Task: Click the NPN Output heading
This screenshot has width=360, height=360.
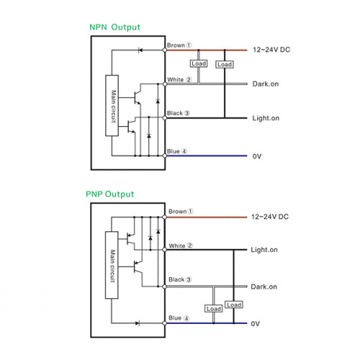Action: pos(114,27)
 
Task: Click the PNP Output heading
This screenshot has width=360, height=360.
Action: pos(110,194)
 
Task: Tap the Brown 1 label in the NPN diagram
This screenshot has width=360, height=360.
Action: pos(179,45)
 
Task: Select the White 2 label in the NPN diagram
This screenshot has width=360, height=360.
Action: pos(179,79)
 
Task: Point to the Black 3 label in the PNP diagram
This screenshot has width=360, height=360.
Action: pos(180,279)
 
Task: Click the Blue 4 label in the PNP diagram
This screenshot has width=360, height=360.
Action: pos(179,318)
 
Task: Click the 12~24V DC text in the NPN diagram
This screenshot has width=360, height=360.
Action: pos(271,50)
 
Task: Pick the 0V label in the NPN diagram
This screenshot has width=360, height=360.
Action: pos(257,156)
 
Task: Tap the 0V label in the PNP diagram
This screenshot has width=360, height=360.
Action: pos(256,324)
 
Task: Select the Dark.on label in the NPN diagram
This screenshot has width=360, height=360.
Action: pos(266,84)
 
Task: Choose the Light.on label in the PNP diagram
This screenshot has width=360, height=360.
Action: pos(264,250)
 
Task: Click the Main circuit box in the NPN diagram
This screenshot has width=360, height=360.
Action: pos(112,106)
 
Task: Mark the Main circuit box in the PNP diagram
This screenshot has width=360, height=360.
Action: pos(112,265)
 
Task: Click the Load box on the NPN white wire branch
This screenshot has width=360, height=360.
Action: pos(199,63)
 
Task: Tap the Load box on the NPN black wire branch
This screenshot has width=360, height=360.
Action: pos(225,64)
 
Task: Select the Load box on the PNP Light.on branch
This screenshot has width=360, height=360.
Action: pos(234,305)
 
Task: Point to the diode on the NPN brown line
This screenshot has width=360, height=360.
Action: pos(140,50)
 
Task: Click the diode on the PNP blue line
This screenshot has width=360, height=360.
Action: pos(138,323)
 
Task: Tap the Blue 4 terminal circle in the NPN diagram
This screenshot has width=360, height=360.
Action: pos(165,156)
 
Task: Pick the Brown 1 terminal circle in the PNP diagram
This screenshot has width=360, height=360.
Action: pos(164,217)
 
